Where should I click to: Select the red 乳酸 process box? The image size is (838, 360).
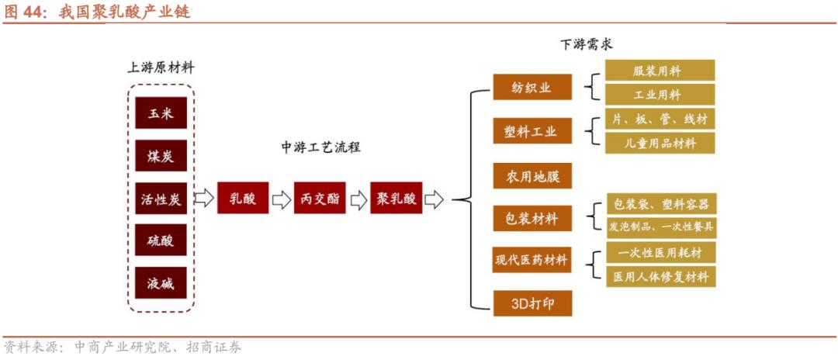point(242,199)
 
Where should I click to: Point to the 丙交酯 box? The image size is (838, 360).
point(319,199)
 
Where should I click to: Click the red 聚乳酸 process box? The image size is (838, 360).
point(396,199)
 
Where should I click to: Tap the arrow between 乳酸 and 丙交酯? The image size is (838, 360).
point(281,199)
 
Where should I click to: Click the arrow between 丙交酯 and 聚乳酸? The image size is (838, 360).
point(358,199)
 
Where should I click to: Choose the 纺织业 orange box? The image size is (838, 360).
point(532,88)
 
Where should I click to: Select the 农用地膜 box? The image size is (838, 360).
point(532,176)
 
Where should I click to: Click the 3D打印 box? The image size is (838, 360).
point(532,303)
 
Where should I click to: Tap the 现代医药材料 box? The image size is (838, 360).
point(532,260)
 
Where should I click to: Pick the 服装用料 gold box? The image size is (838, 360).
point(660,71)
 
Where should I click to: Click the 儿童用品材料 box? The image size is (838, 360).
point(660,143)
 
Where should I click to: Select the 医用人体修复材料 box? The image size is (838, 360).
point(660,276)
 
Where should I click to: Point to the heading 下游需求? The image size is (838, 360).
point(586,43)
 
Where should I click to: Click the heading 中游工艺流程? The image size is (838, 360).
point(320,147)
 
